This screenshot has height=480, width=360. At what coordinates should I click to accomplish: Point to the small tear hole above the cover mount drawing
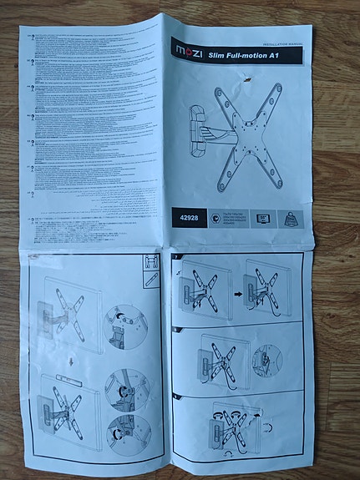(x=246, y=78)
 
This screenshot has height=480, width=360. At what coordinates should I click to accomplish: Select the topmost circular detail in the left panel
(x=126, y=324)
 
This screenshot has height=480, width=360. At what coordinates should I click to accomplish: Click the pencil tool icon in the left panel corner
(x=151, y=276)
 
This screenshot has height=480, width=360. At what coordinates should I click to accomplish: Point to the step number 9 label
(x=175, y=397)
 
